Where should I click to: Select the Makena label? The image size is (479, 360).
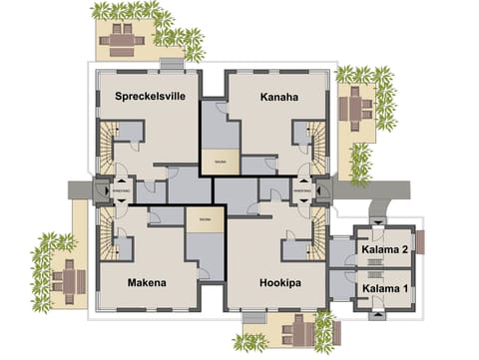pyautogui.click(x=147, y=283)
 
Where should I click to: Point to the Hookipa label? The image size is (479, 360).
pyautogui.click(x=270, y=283)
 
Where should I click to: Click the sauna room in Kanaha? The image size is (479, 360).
pyautogui.click(x=214, y=158)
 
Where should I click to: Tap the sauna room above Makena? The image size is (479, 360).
pyautogui.click(x=205, y=219)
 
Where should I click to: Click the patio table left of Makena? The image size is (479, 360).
pyautogui.click(x=65, y=271)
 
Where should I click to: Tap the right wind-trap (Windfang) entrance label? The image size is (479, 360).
pyautogui.click(x=301, y=186)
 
